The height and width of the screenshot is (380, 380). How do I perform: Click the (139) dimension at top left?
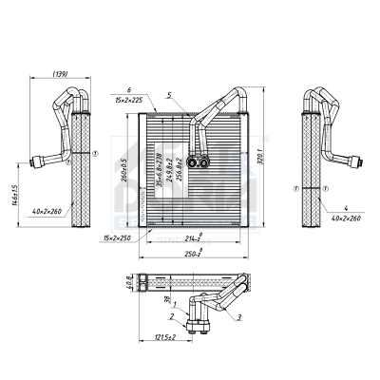coord(58,76)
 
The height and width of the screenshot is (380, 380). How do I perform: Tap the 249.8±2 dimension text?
coord(165,171)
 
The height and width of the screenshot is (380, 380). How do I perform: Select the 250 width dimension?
coord(193,256)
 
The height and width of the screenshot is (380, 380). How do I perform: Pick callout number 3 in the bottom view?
coord(238,316)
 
